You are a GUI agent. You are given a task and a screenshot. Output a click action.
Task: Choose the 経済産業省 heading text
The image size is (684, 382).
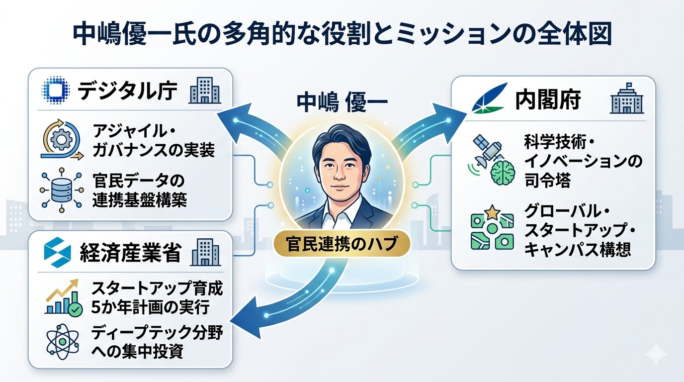coord(130,254)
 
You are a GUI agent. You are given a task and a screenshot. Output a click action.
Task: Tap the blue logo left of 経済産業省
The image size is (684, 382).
coord(55,253)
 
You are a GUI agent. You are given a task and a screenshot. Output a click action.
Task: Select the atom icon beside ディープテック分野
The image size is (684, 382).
coord(59,342)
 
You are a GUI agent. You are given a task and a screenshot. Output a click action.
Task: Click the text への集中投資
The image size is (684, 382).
coord(138,352)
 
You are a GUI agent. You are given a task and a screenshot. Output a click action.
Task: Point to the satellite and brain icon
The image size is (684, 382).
coord(489,159)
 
